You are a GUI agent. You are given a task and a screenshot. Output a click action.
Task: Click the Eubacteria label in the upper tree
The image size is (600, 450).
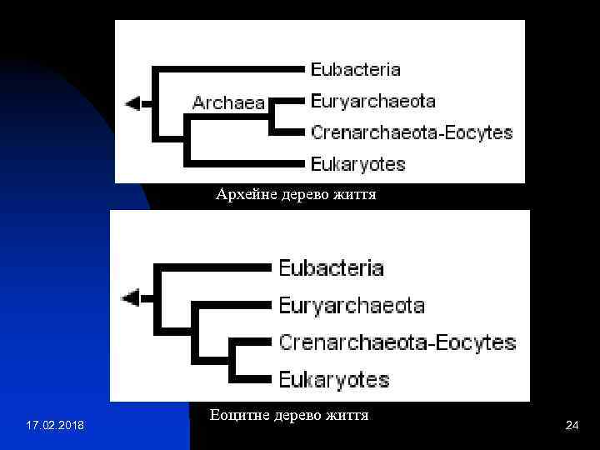tap(356, 69)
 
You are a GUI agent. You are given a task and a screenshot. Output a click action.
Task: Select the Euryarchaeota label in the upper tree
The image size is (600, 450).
tap(372, 101)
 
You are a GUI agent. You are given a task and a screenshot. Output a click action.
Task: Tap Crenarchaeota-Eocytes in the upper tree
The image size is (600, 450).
tap(412, 132)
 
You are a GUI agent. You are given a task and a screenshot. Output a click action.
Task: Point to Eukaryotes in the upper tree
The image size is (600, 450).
tap(358, 163)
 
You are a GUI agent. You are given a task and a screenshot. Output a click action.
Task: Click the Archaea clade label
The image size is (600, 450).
tap(228, 103)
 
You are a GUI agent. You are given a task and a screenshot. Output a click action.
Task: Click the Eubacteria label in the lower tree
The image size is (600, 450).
tap(331, 268)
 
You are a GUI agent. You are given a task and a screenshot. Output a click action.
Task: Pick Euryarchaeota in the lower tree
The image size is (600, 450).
tap(351, 305)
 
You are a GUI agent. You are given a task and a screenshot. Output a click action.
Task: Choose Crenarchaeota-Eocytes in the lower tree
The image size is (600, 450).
tap(397, 342)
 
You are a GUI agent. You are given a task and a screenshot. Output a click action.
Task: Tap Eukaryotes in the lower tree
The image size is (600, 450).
tap(333, 380)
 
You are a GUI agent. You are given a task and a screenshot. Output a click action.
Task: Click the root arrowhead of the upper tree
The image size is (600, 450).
tap(132, 103)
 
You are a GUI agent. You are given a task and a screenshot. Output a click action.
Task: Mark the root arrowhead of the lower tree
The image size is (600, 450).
tap(131, 297)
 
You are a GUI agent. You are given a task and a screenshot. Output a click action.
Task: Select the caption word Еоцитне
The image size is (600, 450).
tap(237, 414)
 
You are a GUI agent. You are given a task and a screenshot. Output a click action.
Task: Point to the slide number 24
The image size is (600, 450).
tap(572, 426)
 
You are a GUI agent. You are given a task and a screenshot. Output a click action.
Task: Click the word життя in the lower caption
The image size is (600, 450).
tap(348, 414)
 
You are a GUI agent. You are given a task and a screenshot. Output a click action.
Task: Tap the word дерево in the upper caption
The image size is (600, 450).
tap(296, 195)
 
